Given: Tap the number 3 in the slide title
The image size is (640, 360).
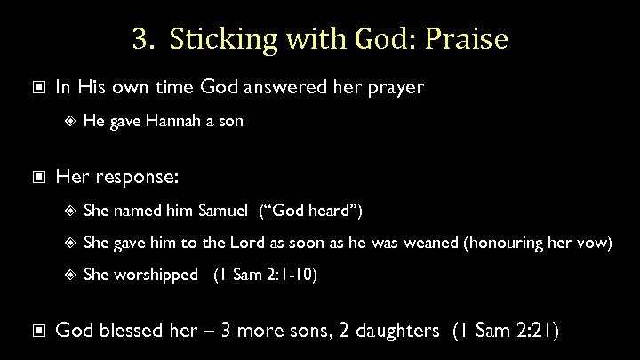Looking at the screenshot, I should coord(138,40).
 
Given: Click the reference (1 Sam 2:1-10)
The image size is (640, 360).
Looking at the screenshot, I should coord(264,275).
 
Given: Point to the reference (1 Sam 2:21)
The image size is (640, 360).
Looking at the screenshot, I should coord(505,332).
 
